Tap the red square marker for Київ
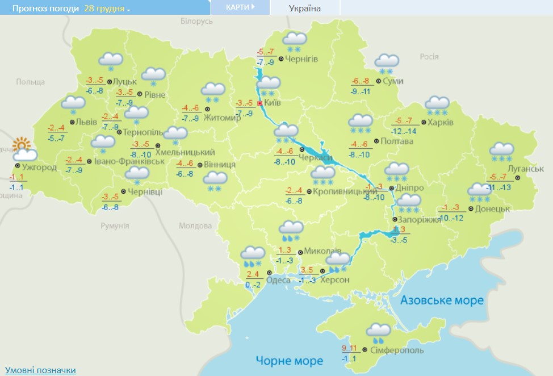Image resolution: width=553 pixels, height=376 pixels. (260, 104)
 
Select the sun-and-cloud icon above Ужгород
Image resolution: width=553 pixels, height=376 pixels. (23, 150)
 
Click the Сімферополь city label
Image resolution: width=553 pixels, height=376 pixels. (396, 350)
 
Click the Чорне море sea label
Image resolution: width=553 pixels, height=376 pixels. (289, 361)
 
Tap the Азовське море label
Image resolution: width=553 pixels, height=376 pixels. (442, 300)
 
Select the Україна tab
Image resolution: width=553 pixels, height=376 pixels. (305, 8)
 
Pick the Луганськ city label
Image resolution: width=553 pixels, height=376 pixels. (524, 169)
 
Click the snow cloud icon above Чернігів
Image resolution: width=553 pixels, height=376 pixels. (295, 41)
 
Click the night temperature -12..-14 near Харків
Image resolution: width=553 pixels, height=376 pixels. (404, 131)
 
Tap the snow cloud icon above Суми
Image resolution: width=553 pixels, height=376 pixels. (387, 63)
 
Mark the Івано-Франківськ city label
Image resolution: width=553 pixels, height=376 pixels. (129, 161)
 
